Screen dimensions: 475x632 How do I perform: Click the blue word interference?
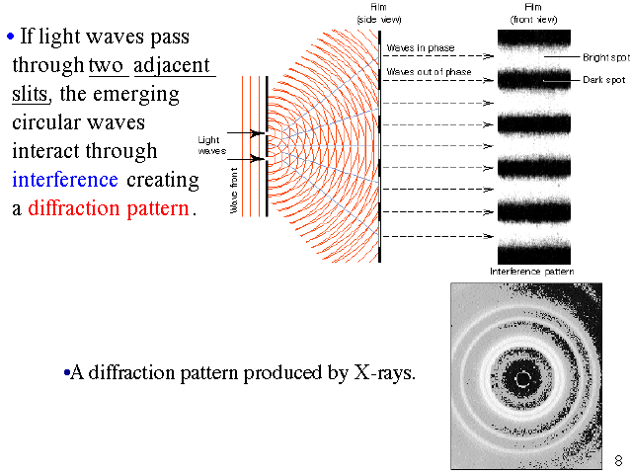pyautogui.click(x=65, y=180)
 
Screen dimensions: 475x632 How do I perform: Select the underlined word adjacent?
pyautogui.click(x=173, y=66)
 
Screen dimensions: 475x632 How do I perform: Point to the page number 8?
pyautogui.click(x=618, y=460)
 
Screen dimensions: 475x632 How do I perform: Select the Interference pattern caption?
pyautogui.click(x=532, y=271)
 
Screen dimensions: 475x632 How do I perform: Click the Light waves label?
pyautogui.click(x=212, y=145)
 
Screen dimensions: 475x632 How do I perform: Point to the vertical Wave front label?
pyautogui.click(x=234, y=196)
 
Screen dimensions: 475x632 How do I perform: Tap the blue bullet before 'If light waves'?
pyautogui.click(x=11, y=38)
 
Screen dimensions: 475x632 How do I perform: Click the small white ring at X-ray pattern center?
pyautogui.click(x=522, y=377)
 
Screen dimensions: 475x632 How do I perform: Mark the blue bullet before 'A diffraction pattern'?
pyautogui.click(x=65, y=374)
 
